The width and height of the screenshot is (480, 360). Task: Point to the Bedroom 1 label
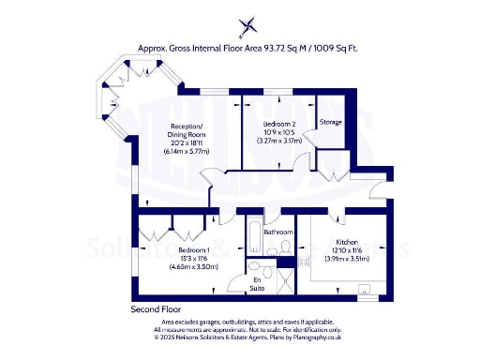pyautogui.click(x=193, y=251)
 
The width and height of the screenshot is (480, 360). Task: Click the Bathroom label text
pyautogui.click(x=278, y=232)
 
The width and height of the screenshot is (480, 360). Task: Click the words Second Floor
pyautogui.click(x=156, y=309)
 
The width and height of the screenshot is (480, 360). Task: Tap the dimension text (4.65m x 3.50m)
pyautogui.click(x=193, y=267)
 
